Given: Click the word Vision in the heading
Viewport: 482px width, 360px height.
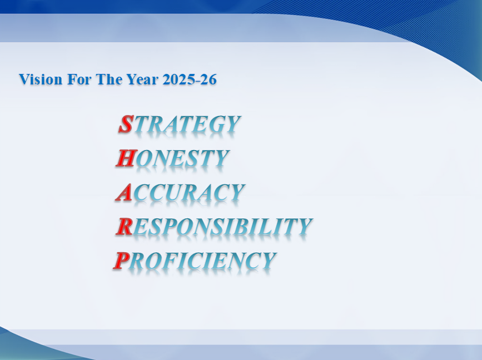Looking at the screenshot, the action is tap(41, 79).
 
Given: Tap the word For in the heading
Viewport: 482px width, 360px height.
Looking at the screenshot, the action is tap(79, 79).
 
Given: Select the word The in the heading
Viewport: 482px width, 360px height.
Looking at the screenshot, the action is tap(109, 79).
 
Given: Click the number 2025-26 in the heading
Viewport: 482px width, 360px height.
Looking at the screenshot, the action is tap(190, 79).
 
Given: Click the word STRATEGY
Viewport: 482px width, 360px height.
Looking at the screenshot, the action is tap(180, 124).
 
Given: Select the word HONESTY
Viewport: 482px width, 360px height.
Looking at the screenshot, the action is tap(173, 158).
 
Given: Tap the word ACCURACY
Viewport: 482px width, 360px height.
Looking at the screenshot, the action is tap(181, 192).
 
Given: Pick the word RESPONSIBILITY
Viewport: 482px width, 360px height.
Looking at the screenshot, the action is tap(214, 226).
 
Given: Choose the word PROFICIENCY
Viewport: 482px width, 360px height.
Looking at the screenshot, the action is tap(195, 261).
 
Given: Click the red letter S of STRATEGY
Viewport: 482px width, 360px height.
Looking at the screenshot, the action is tap(126, 124).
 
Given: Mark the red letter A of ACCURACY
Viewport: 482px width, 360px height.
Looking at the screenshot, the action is tap(124, 192).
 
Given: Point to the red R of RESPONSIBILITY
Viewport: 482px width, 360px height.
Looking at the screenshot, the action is tap(125, 226).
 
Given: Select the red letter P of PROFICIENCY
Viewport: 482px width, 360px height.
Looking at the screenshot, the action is tap(121, 261).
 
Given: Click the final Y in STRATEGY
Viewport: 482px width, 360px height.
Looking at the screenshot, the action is tap(232, 124).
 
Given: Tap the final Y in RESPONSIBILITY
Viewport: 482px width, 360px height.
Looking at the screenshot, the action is tap(304, 226).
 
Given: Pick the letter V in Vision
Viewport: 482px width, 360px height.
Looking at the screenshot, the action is tap(24, 79).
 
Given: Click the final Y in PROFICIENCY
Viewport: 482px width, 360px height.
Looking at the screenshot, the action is tap(268, 261).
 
